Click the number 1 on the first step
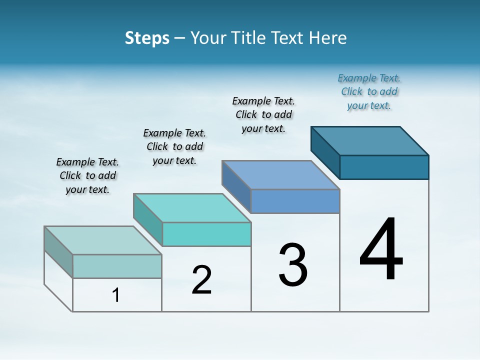116,295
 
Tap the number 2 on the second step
201,280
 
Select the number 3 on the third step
293,265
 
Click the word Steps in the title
147,38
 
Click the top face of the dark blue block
370,140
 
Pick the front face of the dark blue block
384,167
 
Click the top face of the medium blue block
281,174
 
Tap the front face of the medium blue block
295,201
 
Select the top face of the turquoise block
192,207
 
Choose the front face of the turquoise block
206,234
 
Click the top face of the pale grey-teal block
103,240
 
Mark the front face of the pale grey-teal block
117,266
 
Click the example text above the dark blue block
369,91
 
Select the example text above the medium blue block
263,114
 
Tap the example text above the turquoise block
174,146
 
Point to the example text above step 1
87,175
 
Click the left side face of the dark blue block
325,152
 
